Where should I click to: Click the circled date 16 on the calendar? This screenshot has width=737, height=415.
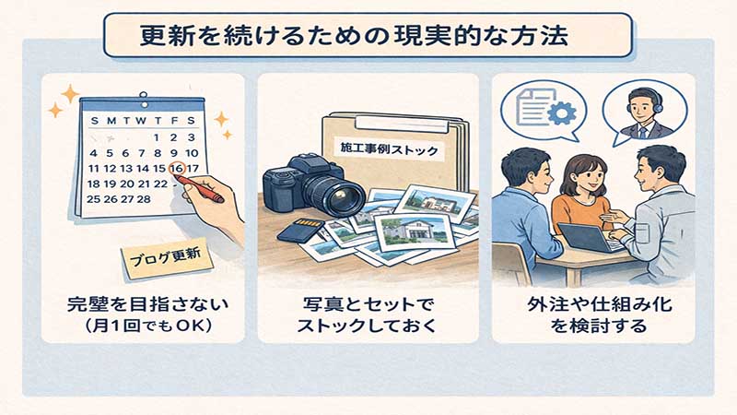pos(177,168)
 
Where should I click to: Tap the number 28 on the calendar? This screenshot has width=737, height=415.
pos(144,199)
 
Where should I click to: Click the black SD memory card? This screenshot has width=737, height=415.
pos(300,229)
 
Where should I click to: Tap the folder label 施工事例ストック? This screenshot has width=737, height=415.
pos(389,148)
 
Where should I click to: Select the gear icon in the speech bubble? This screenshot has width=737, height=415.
pos(562,113)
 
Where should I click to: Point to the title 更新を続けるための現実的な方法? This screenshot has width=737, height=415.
pos(355,36)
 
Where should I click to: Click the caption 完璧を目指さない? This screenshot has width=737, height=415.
pos(147,304)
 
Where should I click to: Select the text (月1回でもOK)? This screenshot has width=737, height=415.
pos(147,326)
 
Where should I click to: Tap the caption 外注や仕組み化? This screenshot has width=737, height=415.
pos(600,304)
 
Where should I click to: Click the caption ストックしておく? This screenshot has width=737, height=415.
pos(367,326)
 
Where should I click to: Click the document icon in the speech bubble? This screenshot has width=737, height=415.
pos(532,108)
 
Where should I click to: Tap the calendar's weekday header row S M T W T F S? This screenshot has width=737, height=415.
pos(143,121)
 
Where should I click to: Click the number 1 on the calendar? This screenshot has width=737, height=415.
pos(157,137)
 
